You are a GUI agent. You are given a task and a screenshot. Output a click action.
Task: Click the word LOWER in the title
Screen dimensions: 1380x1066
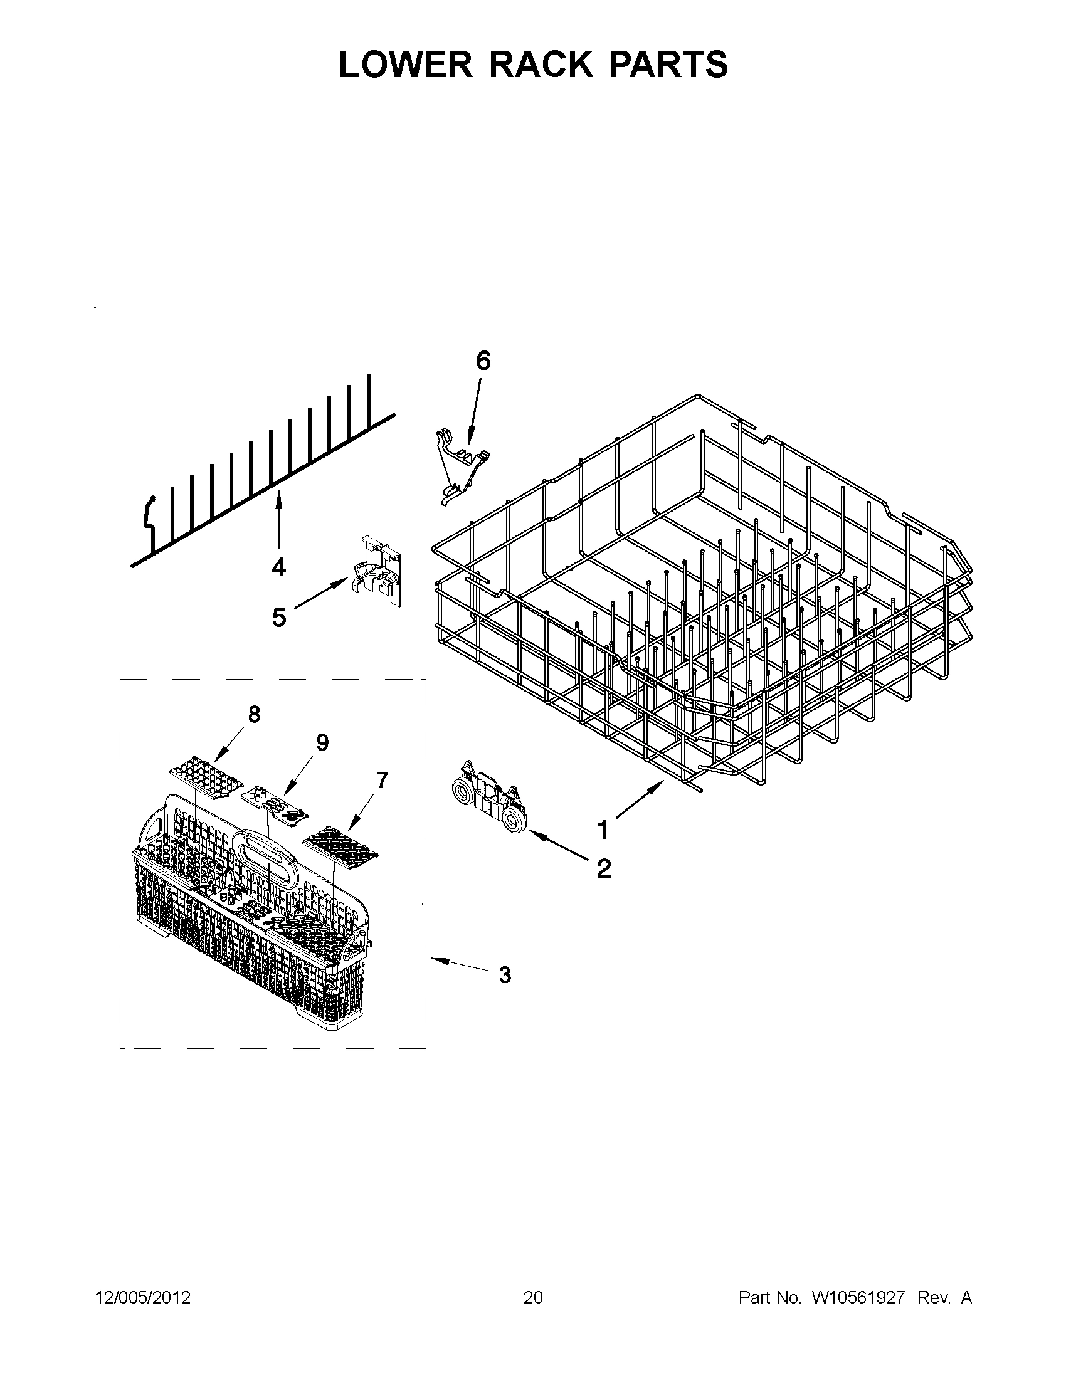404,65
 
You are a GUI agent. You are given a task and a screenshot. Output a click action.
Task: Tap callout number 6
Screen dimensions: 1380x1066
483,361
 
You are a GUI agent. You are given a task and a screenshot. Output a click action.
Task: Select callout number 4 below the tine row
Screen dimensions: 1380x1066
278,567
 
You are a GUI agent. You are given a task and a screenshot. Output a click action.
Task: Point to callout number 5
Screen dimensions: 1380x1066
278,618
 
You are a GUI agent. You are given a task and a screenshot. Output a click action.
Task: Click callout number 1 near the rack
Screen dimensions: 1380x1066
603,830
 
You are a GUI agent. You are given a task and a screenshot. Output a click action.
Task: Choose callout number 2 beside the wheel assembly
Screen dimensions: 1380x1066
603,869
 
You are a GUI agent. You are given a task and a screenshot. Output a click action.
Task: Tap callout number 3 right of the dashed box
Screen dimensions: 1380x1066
504,975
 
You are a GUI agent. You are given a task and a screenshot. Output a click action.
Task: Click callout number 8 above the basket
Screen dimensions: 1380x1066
254,714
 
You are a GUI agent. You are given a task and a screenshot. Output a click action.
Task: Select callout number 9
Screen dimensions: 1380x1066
322,742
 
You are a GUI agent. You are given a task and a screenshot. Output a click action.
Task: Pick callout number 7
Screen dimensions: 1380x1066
382,781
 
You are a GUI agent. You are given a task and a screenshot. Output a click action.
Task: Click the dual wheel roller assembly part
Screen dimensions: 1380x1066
487,798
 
